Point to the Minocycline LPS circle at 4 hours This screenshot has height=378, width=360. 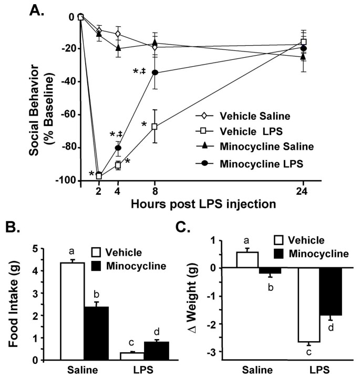coord(118,148)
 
